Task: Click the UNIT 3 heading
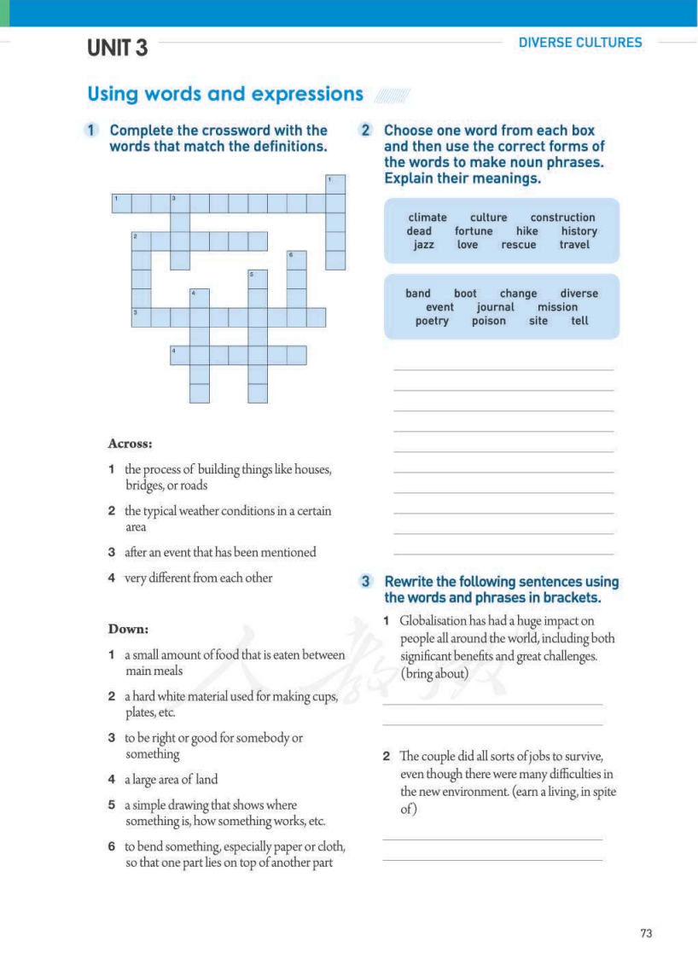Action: pyautogui.click(x=117, y=49)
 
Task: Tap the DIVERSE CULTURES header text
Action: pyautogui.click(x=579, y=42)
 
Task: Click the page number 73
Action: pyautogui.click(x=646, y=933)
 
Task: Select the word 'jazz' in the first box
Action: pyautogui.click(x=423, y=245)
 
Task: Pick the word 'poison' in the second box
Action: pyautogui.click(x=489, y=321)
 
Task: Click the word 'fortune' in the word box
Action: pyautogui.click(x=474, y=231)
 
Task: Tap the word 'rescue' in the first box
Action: pyautogui.click(x=519, y=245)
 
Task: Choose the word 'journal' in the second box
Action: pyautogui.click(x=496, y=307)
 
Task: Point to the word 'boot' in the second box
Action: pyautogui.click(x=465, y=293)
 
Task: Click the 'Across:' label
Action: pyautogui.click(x=130, y=444)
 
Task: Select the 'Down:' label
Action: pyautogui.click(x=128, y=629)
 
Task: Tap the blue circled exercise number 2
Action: pyautogui.click(x=365, y=131)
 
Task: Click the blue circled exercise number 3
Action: pyautogui.click(x=365, y=582)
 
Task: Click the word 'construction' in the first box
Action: pyautogui.click(x=562, y=218)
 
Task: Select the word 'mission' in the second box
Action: pyautogui.click(x=557, y=307)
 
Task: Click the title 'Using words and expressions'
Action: pyautogui.click(x=225, y=94)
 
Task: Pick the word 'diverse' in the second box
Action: pyautogui.click(x=579, y=293)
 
